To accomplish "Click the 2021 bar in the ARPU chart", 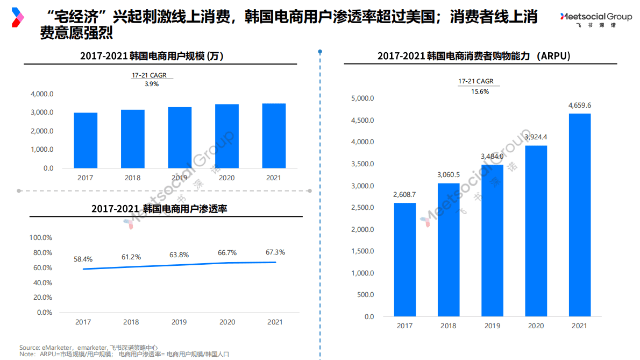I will [579, 215].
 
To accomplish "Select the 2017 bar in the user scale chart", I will [86, 140].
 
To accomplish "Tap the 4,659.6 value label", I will [579, 105].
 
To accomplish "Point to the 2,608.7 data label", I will [404, 194].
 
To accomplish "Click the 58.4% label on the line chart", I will [83, 259].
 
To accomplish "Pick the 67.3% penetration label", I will [275, 252].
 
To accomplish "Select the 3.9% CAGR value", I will [152, 84].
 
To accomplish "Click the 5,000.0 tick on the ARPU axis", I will [362, 98].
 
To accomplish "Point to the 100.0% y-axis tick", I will [40, 238].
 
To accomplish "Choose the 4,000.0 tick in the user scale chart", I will [41, 94].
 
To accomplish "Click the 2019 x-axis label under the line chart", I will [179, 322].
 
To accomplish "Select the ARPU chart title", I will [474, 56].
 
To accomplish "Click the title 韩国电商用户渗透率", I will [159, 208].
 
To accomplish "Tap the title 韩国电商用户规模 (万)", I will [152, 56].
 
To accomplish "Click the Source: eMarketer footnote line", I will [88, 347].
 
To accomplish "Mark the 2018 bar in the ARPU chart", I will [449, 250].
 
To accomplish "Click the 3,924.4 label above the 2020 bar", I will [536, 137].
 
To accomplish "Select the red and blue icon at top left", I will [18, 17].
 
